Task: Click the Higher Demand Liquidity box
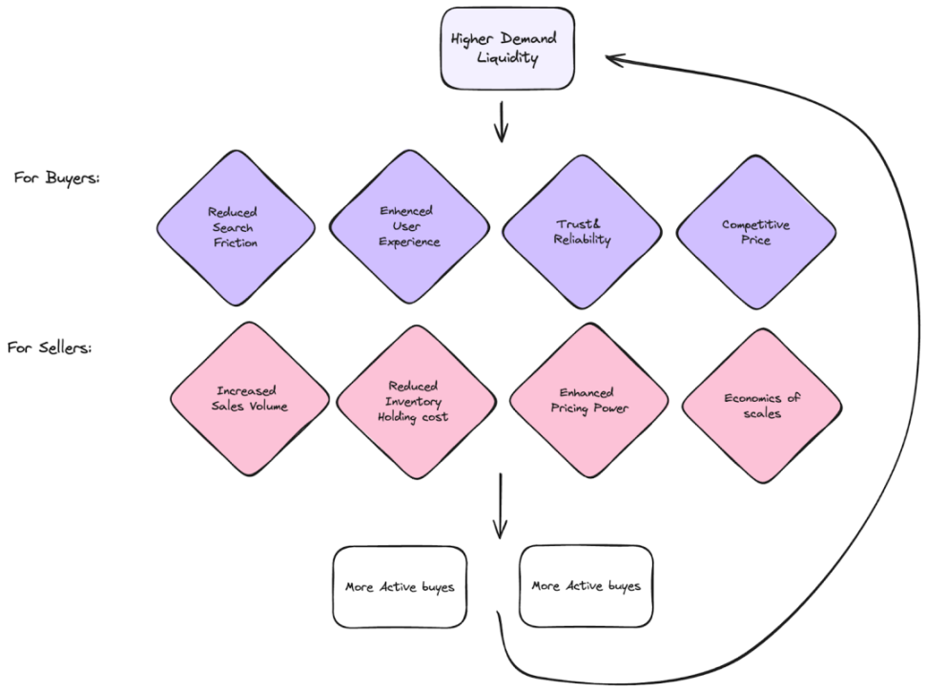(x=506, y=48)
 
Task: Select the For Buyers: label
(x=56, y=178)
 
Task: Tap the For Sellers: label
(x=50, y=347)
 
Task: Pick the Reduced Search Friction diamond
(x=235, y=227)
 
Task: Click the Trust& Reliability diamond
(x=580, y=231)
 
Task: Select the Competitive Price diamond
(x=755, y=232)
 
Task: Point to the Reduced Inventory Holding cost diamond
(x=414, y=401)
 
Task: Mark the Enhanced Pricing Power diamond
(x=587, y=400)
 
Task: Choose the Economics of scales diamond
(x=761, y=405)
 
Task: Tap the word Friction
(x=236, y=242)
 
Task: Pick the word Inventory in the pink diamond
(x=414, y=401)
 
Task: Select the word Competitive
(x=755, y=224)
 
